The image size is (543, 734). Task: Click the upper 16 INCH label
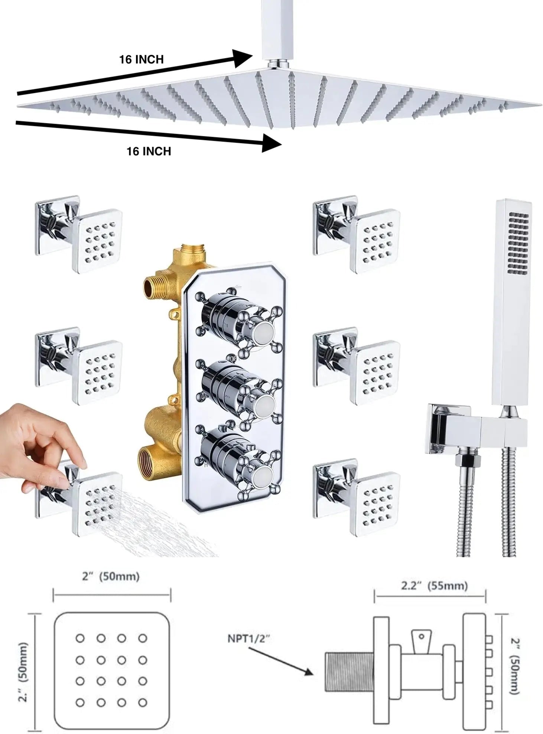click(141, 59)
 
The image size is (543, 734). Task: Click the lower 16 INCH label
click(149, 151)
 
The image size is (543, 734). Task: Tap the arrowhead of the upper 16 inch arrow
click(243, 58)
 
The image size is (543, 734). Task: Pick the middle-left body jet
click(79, 366)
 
